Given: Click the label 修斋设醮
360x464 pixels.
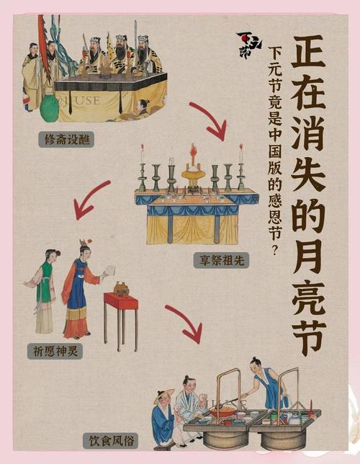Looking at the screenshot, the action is (x=66, y=140).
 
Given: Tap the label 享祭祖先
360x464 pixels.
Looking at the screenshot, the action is (x=222, y=260).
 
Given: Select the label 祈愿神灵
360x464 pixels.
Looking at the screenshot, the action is (x=55, y=352).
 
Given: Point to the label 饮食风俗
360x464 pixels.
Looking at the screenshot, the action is (x=111, y=441).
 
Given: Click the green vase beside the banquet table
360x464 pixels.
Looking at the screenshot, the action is (x=50, y=108).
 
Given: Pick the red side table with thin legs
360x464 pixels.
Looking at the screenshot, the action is (x=121, y=320).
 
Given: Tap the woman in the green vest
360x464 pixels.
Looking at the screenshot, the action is (x=43, y=292).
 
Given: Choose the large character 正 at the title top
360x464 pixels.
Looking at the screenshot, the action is (x=308, y=51).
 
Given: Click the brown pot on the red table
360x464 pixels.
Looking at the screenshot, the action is (x=122, y=288).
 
